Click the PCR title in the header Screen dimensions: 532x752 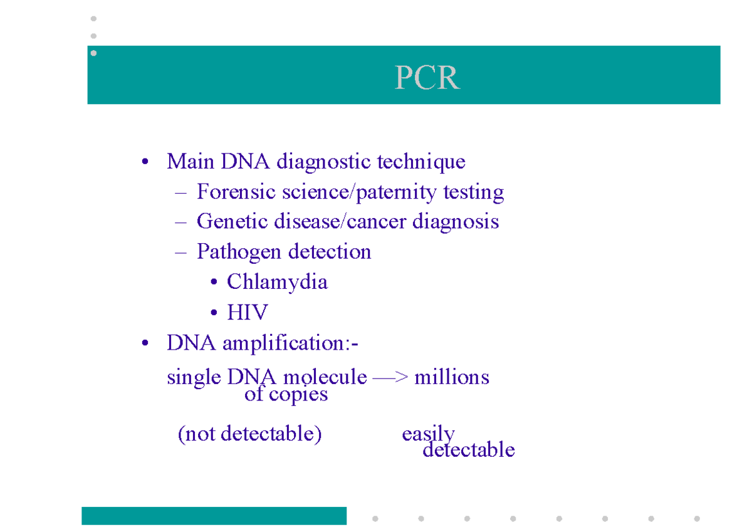(x=427, y=78)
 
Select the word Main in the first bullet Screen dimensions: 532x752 (x=191, y=162)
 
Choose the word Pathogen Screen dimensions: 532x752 (x=239, y=252)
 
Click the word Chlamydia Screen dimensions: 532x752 (x=277, y=282)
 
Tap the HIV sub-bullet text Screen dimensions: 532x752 (x=247, y=312)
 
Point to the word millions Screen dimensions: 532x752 (x=451, y=377)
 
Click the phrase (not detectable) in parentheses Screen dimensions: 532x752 (x=249, y=434)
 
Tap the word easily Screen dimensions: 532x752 (x=428, y=434)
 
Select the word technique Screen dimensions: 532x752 (x=421, y=162)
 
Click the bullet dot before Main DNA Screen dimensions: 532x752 (x=145, y=163)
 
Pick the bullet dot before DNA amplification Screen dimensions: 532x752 (x=145, y=344)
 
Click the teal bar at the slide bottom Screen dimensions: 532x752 (x=214, y=516)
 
